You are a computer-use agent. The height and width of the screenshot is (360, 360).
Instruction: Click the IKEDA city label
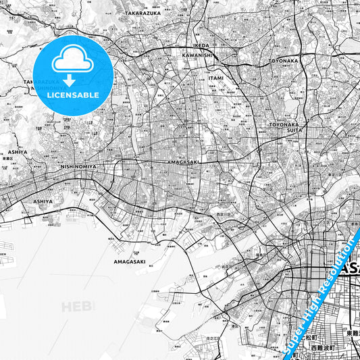[x=201, y=45]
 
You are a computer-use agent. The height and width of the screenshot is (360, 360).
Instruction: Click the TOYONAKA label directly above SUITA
[x=283, y=124]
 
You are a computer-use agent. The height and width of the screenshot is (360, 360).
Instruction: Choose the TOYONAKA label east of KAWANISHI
[x=283, y=60]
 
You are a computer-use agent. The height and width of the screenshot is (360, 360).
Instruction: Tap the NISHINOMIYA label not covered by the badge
[x=78, y=166]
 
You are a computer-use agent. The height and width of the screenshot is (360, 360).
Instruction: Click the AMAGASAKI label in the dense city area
[x=183, y=163]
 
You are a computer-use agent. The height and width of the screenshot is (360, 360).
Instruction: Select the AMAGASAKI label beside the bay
[x=130, y=261]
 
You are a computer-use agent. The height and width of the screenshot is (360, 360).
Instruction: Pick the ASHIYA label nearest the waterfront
[x=43, y=201]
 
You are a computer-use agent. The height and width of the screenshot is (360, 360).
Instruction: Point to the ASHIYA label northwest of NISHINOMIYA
[x=18, y=153]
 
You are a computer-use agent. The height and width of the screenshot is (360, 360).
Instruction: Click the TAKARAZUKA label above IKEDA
[x=143, y=13]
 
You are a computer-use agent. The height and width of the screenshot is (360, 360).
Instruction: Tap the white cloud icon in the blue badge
[x=73, y=61]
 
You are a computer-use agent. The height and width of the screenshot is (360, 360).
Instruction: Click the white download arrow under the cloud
[x=69, y=80]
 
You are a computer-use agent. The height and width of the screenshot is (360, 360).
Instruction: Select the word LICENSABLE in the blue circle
[x=73, y=95]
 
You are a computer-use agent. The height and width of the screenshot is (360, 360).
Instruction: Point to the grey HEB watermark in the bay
[x=74, y=307]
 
